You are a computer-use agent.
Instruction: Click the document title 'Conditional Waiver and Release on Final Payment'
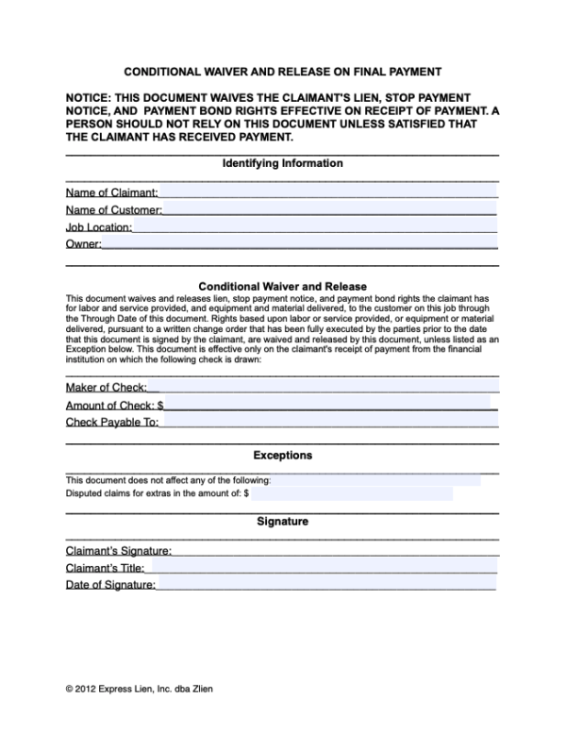pos(282,72)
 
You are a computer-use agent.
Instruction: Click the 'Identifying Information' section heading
pos(282,163)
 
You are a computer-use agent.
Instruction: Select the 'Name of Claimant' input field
pos(327,192)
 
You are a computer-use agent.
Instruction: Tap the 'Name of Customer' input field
pos(329,209)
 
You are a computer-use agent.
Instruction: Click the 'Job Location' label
pos(98,227)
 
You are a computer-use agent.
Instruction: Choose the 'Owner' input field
pos(299,244)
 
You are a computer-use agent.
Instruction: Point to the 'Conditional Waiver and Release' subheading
pos(282,286)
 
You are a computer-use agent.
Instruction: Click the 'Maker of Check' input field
pos(329,387)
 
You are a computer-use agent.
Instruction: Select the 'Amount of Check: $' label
pos(115,405)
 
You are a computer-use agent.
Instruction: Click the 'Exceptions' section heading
pos(282,456)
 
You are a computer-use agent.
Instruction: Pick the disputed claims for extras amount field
pos(351,493)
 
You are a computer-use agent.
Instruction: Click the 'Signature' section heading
pos(282,521)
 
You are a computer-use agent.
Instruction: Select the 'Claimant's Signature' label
pos(118,550)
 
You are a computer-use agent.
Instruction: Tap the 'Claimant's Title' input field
pos(324,568)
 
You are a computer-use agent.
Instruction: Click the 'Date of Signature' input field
pos(325,585)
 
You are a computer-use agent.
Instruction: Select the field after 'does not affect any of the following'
pos(375,480)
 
